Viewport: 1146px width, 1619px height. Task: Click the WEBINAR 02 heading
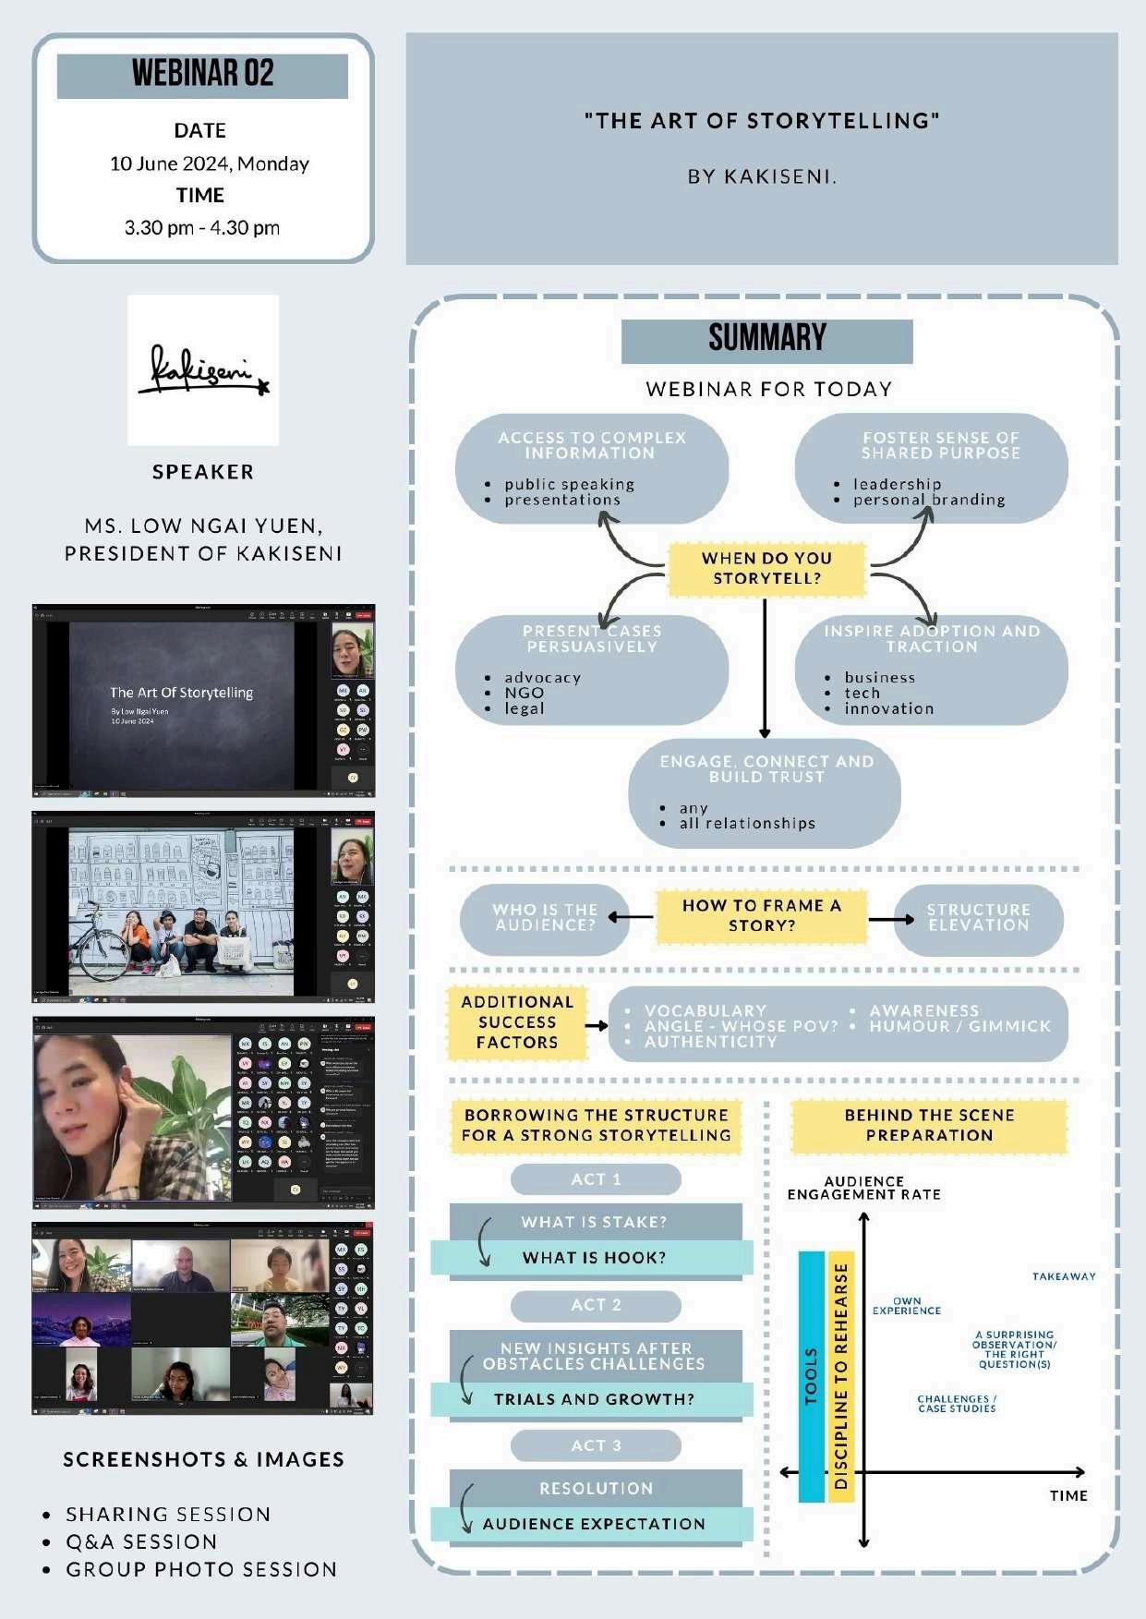(x=202, y=75)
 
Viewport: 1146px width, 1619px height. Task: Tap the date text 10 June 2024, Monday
(x=210, y=164)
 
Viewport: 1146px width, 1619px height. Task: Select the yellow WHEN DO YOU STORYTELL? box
(x=766, y=568)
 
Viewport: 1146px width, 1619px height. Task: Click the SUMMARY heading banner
(x=766, y=340)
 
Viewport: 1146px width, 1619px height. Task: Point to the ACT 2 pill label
(x=596, y=1305)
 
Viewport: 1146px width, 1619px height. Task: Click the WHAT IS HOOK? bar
(x=593, y=1258)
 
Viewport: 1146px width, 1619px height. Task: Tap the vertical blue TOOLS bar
(x=811, y=1376)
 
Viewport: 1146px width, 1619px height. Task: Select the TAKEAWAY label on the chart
(x=1064, y=1276)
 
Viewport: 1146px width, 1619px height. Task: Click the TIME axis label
(x=1068, y=1495)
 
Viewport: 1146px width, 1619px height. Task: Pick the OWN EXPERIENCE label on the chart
(x=907, y=1305)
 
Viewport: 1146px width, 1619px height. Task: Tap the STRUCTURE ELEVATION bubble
(x=978, y=918)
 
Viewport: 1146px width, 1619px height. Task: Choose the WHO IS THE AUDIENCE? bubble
(x=545, y=918)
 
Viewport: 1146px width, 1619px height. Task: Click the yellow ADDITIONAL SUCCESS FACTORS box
(x=517, y=1022)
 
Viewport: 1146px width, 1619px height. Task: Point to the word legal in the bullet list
(x=524, y=709)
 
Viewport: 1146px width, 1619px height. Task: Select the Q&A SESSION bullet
(x=141, y=1541)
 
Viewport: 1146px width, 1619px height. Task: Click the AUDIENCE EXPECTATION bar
(x=593, y=1524)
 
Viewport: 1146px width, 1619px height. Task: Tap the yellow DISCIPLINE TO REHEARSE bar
(x=841, y=1376)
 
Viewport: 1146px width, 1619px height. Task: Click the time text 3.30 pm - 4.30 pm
(x=202, y=228)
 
